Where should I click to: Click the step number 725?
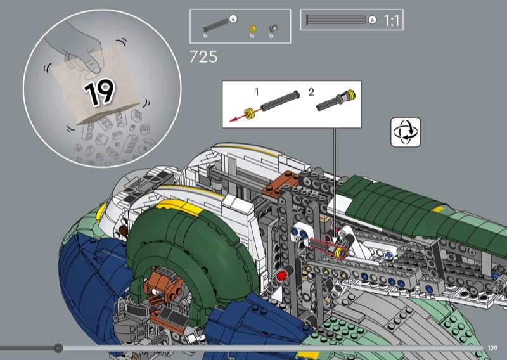203,57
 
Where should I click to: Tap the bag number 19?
99,92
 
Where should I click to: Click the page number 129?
492,348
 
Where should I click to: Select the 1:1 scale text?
391,21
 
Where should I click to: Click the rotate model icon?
406,132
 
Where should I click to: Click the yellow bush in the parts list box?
253,29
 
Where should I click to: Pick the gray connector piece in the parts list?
273,29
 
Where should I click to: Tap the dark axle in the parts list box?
215,26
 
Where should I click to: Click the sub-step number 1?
257,92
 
